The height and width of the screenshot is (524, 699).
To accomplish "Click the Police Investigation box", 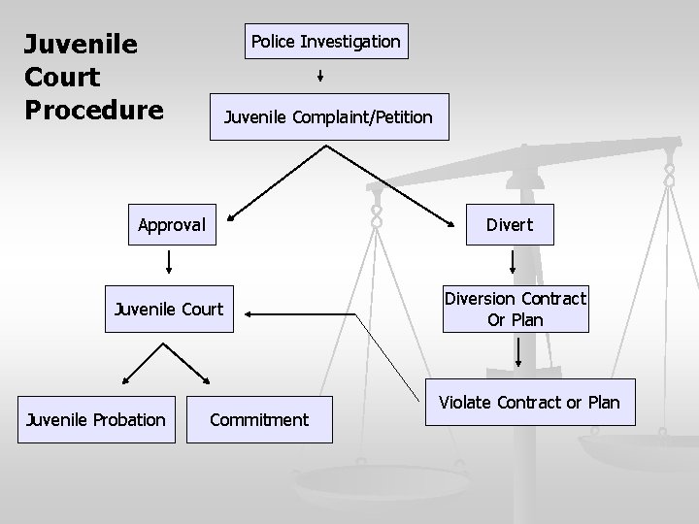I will pyautogui.click(x=325, y=42).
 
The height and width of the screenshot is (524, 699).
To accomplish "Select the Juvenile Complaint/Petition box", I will pyautogui.click(x=328, y=117).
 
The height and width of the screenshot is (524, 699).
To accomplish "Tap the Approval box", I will pyautogui.click(x=171, y=225).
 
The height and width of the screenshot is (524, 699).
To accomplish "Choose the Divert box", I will pyautogui.click(x=509, y=225).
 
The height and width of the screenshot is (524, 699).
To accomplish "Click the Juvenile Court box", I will pyautogui.click(x=169, y=310).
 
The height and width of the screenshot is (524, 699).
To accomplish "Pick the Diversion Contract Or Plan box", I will pyautogui.click(x=516, y=310).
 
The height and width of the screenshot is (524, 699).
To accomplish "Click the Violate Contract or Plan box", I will pyautogui.click(x=529, y=402).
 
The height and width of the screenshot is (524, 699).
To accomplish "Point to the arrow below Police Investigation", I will pyautogui.click(x=320, y=77).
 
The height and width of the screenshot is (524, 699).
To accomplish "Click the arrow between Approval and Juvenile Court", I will pyautogui.click(x=170, y=262).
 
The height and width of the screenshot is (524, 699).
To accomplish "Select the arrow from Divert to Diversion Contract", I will pyautogui.click(x=515, y=262).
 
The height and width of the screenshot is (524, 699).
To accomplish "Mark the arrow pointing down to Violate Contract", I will pyautogui.click(x=518, y=353).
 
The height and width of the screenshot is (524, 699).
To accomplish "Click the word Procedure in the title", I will pyautogui.click(x=94, y=108).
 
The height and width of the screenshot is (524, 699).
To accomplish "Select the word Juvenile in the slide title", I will pyautogui.click(x=81, y=45).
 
